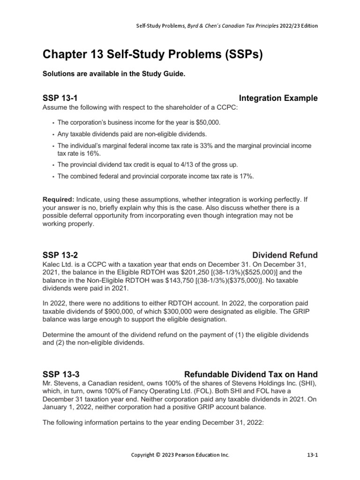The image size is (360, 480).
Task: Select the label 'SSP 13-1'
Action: [60, 98]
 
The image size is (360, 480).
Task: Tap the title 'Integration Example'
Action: [278, 98]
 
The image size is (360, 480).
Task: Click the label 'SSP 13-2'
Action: [60, 255]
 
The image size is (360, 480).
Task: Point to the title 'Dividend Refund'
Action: [285, 255]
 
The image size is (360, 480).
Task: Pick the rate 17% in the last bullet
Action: [247, 176]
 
